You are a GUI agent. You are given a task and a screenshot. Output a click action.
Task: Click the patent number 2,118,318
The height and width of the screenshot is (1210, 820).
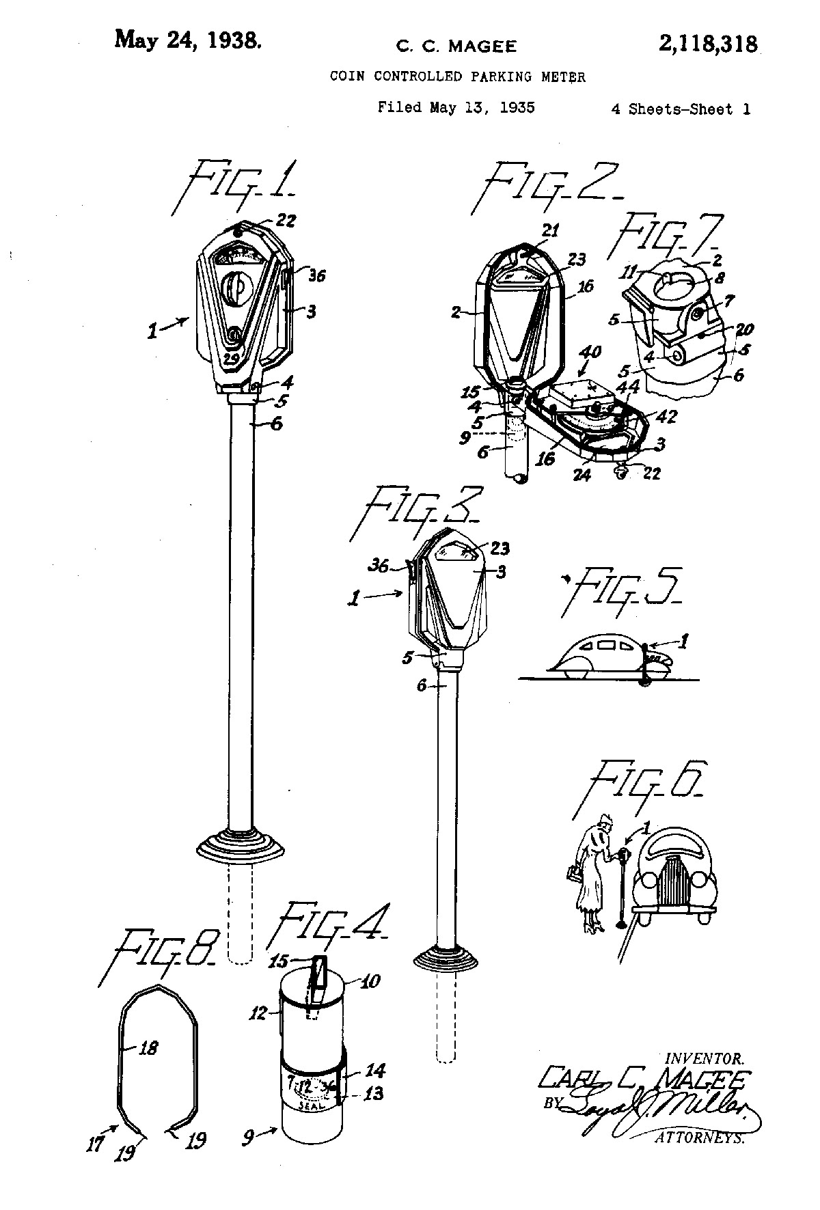[708, 44]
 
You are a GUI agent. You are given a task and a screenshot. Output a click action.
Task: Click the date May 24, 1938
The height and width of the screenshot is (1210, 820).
[187, 39]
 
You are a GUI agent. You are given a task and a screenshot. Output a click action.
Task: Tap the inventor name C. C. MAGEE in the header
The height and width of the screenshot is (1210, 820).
[456, 46]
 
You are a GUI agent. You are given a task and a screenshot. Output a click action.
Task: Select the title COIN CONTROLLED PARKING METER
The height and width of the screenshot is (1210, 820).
[457, 77]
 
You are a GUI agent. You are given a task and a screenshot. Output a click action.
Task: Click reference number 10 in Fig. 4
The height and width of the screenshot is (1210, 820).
[370, 981]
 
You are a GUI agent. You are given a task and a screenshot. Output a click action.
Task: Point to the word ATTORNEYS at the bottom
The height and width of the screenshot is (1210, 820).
[698, 1138]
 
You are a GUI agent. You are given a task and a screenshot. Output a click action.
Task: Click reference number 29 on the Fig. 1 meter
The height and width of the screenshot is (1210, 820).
[232, 358]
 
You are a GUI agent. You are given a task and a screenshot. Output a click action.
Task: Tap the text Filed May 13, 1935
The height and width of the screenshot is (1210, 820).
[456, 107]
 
